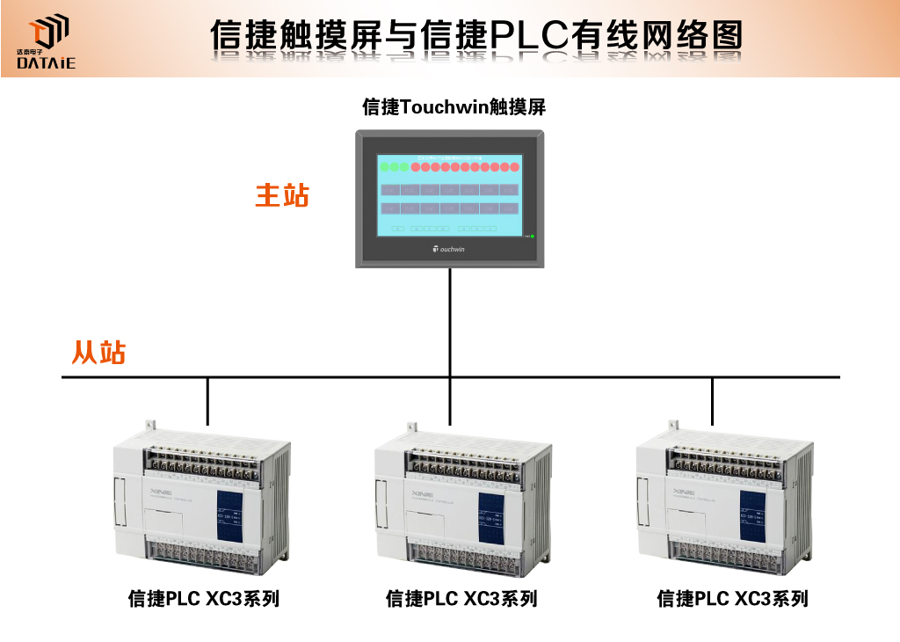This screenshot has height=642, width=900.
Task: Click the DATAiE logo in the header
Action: point(47,42)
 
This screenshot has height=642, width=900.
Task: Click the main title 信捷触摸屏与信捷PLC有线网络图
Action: point(475,36)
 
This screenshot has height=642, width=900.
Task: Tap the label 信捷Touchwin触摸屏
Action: point(454,107)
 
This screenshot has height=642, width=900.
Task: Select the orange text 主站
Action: point(282,194)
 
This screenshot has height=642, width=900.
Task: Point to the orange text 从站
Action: point(98,352)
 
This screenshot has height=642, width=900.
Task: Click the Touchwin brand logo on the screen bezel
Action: point(449,249)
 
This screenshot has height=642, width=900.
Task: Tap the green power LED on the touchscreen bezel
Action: point(532,236)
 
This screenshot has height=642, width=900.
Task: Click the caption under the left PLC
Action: point(204,599)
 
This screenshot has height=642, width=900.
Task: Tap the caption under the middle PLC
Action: point(461,599)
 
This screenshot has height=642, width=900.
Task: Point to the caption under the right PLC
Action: point(732,599)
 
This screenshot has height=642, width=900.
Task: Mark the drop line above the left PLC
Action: point(207,401)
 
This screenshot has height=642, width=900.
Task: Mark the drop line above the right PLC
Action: point(712,401)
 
